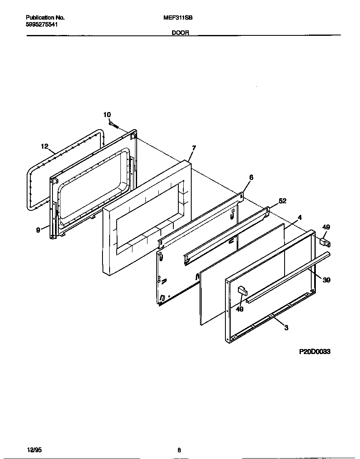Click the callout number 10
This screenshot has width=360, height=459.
pyautogui.click(x=107, y=115)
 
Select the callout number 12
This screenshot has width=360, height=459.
pyautogui.click(x=45, y=146)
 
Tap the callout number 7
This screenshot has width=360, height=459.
pyautogui.click(x=194, y=148)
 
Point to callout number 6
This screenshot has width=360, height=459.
pyautogui.click(x=251, y=177)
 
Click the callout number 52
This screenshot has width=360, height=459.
pyautogui.click(x=282, y=201)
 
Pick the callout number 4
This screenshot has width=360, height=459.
pyautogui.click(x=300, y=217)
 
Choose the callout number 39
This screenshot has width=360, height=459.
pyautogui.click(x=327, y=280)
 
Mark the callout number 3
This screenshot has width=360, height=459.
pyautogui.click(x=286, y=328)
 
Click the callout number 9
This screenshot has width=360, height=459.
pyautogui.click(x=38, y=229)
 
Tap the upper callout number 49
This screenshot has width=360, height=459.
pyautogui.click(x=326, y=227)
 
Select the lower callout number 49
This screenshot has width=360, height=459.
pyautogui.click(x=239, y=309)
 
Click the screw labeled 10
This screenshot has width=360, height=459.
pyautogui.click(x=113, y=124)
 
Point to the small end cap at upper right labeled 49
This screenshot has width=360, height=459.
pyautogui.click(x=324, y=241)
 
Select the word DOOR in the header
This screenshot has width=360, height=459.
pyautogui.click(x=180, y=33)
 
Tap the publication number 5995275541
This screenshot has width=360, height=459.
pyautogui.click(x=42, y=25)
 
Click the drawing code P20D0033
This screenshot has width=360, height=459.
pyautogui.click(x=315, y=352)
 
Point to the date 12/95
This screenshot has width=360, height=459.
pyautogui.click(x=34, y=450)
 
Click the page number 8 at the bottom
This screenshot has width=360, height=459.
pyautogui.click(x=179, y=450)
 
